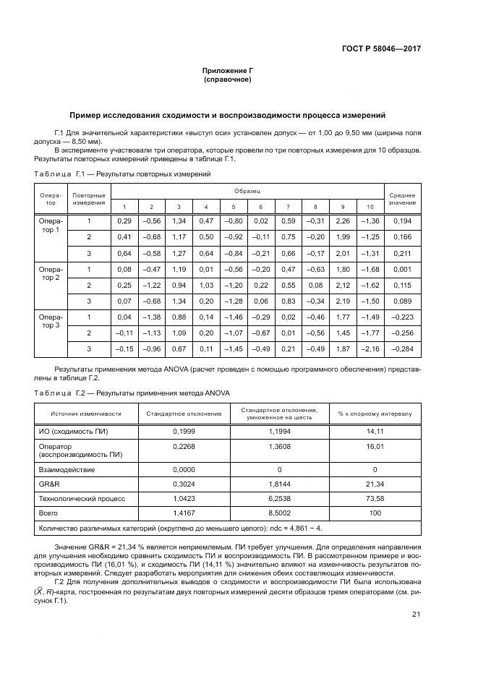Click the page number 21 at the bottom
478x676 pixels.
pos(416,614)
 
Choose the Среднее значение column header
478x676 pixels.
pos(402,199)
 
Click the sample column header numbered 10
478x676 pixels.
pos(370,207)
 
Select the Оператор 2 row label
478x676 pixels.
pos(51,273)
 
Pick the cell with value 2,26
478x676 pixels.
pos(343,221)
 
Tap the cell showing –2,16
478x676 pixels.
pos(370,349)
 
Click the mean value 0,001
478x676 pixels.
pos(402,269)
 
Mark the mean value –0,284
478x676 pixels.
pos(402,349)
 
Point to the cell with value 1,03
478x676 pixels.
pos(205,285)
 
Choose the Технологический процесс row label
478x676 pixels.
pos(82,498)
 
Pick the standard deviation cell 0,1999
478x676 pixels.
pos(184,432)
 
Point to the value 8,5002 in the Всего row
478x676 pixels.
pos(279,513)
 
